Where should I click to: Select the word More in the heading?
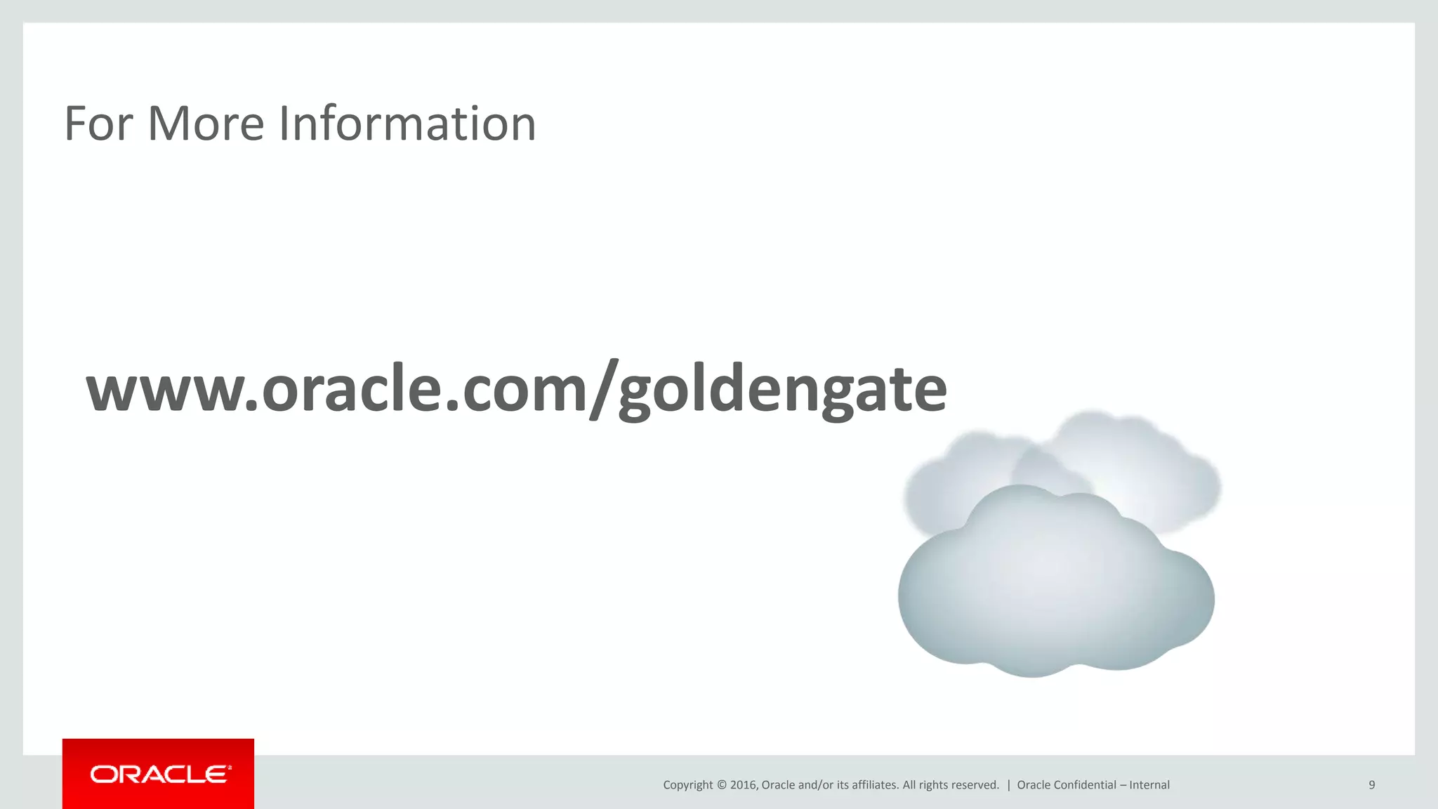[x=206, y=124]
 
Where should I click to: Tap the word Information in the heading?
[x=407, y=124]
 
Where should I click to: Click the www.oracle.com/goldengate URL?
[x=516, y=388]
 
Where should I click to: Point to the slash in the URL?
[x=602, y=388]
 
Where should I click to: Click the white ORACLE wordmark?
[x=160, y=775]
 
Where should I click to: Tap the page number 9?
[x=1371, y=785]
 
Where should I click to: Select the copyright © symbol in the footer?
[x=721, y=785]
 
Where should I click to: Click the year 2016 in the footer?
[x=744, y=785]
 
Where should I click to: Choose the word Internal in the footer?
[x=1149, y=785]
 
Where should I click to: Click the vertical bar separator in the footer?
[x=1008, y=785]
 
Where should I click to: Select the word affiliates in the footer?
[x=874, y=785]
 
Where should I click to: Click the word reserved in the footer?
[x=974, y=785]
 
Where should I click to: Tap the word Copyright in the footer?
[x=687, y=785]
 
